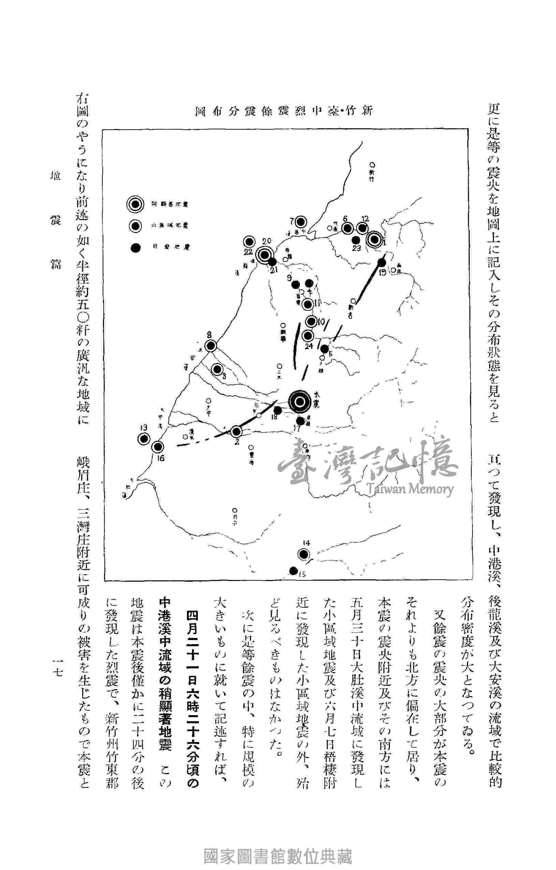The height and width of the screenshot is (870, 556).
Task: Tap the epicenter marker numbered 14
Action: (304, 554)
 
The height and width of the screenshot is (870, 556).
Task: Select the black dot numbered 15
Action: (293, 571)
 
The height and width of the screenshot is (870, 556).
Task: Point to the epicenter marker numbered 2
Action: (237, 431)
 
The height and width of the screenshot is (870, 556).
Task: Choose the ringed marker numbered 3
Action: (218, 369)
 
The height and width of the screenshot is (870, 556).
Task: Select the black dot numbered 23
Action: (356, 240)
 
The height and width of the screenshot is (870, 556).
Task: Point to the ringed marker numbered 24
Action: (308, 336)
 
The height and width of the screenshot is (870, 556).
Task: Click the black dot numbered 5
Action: (324, 348)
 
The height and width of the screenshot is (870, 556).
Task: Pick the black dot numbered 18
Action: (278, 410)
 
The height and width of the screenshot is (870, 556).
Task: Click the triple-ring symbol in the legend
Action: (135, 204)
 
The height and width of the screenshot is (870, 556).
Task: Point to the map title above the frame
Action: (283, 111)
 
